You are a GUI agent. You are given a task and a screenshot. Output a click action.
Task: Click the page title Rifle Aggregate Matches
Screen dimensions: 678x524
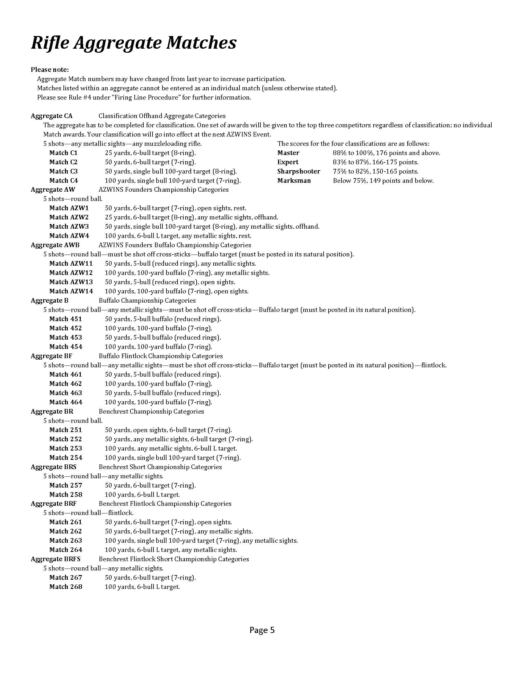[134, 43]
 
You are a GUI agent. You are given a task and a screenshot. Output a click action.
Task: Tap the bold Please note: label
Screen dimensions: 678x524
[50, 70]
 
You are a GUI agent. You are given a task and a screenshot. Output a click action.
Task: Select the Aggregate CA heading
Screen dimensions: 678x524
[51, 116]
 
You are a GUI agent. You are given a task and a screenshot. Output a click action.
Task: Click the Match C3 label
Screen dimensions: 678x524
[63, 171]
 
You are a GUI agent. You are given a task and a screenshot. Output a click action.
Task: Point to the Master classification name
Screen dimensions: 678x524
[288, 153]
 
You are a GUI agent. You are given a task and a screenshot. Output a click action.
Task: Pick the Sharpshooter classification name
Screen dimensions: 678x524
[299, 171]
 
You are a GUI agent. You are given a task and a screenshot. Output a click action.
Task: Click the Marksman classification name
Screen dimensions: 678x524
[294, 181]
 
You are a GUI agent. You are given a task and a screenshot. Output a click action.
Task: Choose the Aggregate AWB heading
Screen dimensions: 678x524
[55, 245]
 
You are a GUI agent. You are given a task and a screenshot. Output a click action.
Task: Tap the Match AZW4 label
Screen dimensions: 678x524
[69, 236]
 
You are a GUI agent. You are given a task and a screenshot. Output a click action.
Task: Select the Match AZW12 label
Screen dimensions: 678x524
[71, 273]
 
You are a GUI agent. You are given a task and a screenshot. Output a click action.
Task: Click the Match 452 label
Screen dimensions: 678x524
[65, 328]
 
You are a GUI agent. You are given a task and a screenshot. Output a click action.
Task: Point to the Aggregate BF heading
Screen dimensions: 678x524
[51, 356]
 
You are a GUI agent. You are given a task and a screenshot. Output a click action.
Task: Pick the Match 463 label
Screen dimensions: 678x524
[65, 393]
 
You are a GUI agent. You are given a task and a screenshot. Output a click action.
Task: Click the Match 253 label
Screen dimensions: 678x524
[65, 448]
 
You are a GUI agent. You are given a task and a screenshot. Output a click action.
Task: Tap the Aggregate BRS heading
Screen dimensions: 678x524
[53, 467]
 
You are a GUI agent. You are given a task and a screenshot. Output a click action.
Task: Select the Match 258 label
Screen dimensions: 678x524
[65, 495]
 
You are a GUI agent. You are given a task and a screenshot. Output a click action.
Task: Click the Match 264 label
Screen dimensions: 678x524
[65, 550]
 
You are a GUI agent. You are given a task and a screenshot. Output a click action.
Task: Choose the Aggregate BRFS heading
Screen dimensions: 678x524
[55, 559]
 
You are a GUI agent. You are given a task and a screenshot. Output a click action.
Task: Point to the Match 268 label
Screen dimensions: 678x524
[65, 587]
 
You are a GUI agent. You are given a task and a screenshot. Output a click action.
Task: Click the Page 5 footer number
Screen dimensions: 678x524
[262, 630]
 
